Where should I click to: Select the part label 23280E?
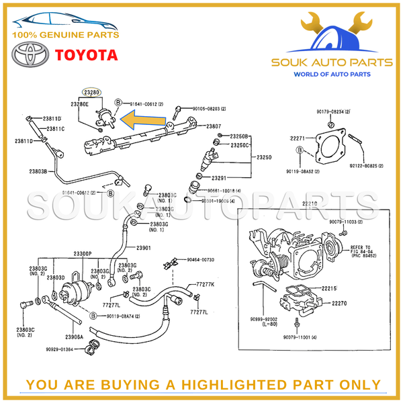coord(80,104)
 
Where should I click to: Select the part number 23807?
coord(214,126)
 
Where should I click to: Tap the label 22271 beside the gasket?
coord(298,138)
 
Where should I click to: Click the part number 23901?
coord(144,248)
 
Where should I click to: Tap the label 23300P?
coord(82,254)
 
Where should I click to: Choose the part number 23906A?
coord(74,336)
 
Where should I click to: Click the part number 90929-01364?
coord(64,349)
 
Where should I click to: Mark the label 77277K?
coord(205,285)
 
